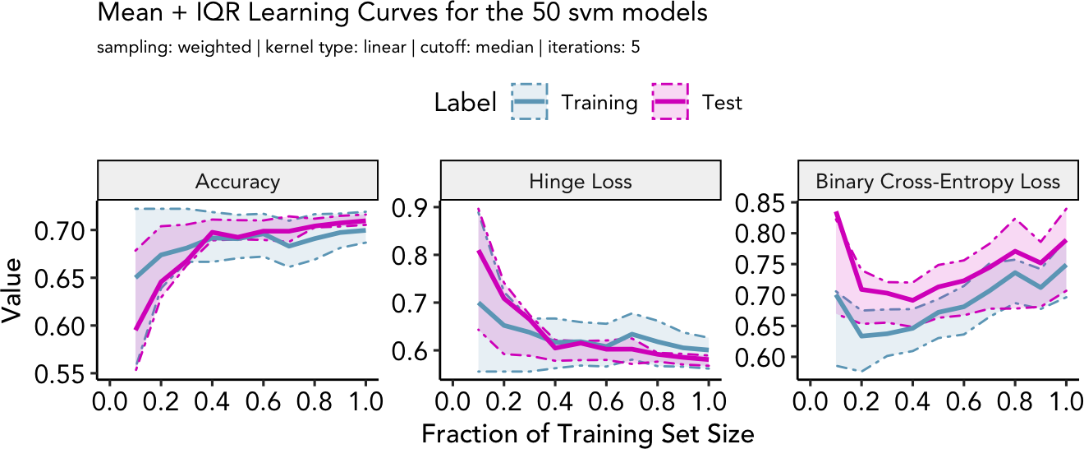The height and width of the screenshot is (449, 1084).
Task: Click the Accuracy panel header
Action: (x=237, y=182)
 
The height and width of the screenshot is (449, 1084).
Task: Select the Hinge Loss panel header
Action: (x=581, y=182)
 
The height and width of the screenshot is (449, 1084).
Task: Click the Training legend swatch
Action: (x=532, y=102)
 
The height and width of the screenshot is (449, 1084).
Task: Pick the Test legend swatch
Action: (x=671, y=102)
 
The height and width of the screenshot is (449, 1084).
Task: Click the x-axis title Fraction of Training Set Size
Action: (x=586, y=433)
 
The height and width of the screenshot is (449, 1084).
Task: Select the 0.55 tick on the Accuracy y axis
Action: (x=62, y=374)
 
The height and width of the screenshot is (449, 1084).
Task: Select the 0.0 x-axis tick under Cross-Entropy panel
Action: (x=811, y=403)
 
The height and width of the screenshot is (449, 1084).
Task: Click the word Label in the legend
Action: (x=465, y=103)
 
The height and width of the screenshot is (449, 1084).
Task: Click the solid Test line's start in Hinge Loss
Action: (x=478, y=252)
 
